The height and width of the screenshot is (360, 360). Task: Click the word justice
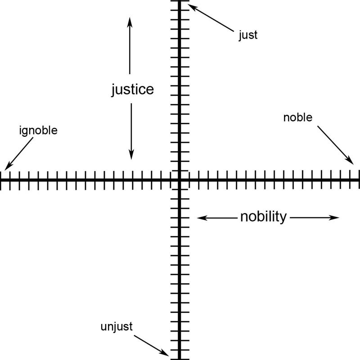(x=132, y=89)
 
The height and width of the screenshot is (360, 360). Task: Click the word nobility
(x=263, y=217)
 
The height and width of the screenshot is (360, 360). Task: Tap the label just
(x=248, y=35)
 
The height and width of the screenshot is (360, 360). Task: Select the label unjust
(x=117, y=326)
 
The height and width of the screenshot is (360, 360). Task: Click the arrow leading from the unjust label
(x=151, y=344)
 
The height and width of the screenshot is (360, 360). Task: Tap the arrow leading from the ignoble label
(x=19, y=153)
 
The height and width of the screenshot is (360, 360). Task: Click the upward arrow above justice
(x=130, y=45)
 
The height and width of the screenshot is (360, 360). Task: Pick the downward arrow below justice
(x=131, y=131)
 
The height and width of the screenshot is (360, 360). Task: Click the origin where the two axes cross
(x=179, y=180)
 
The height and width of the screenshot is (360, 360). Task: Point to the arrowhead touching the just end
(x=190, y=6)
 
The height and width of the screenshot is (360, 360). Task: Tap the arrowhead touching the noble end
(x=351, y=161)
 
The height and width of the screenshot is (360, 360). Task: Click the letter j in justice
(x=114, y=90)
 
